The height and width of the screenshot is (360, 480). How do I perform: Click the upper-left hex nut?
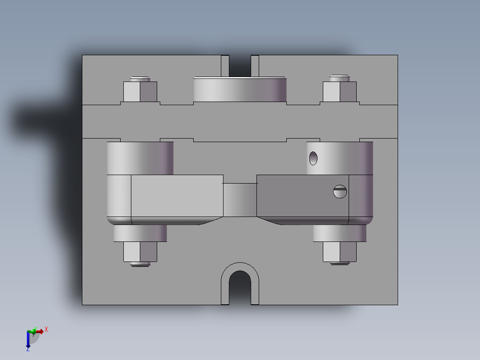[x=140, y=92]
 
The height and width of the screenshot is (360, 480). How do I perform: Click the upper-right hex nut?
[x=339, y=92]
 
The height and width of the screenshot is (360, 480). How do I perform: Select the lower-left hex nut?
[x=140, y=252]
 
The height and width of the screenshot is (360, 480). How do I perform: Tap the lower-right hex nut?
[x=339, y=252]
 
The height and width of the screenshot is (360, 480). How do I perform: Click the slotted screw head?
[x=340, y=192]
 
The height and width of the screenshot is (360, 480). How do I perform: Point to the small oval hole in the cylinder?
[x=313, y=157]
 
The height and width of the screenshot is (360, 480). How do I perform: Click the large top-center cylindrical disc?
[x=240, y=89]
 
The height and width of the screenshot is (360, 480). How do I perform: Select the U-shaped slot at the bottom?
[x=240, y=287]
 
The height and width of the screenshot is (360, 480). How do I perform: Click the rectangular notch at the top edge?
[x=240, y=65]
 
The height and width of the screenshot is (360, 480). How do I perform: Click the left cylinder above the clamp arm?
[x=140, y=158]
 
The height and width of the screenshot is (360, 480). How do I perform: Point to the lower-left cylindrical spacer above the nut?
[x=140, y=233]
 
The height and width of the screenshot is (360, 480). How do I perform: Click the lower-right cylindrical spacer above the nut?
[x=339, y=233]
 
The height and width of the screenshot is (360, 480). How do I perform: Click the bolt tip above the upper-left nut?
[x=140, y=78]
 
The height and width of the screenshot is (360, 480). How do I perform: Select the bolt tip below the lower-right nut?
[x=339, y=263]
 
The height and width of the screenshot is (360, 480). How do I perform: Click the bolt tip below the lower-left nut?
[x=140, y=264]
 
